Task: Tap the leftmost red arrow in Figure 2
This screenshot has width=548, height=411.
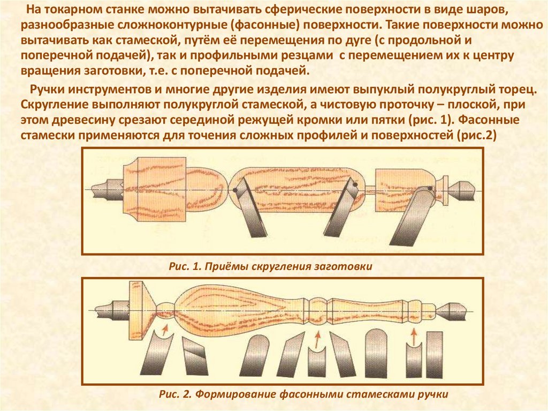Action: (165, 328)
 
